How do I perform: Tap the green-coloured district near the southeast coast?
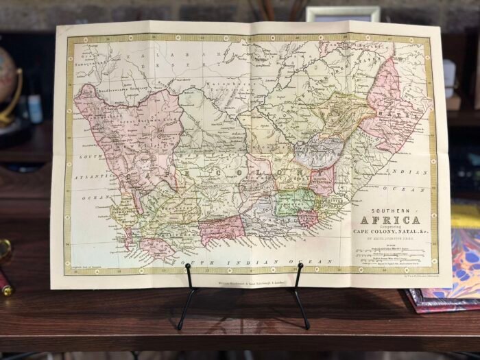point(295,202)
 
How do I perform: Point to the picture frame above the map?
point(343,15)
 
